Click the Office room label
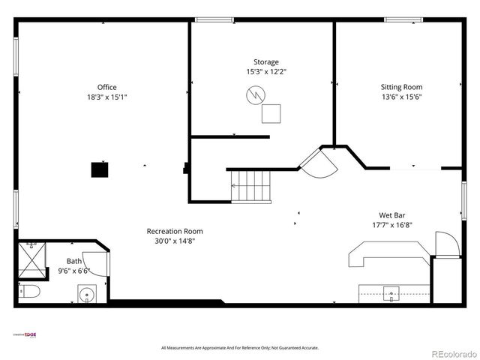coord(106,87)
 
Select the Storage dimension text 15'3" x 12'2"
coord(266,72)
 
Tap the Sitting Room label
coord(401,87)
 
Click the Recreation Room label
coord(174,231)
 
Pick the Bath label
coord(74,261)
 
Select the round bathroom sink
coord(87,295)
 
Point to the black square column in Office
coord(99,170)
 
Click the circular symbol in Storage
coord(255,95)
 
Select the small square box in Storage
coord(271,113)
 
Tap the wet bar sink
coord(391,292)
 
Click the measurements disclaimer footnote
coord(240,348)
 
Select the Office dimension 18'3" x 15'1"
coord(106,97)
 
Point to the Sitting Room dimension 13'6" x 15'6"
coord(401,97)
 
